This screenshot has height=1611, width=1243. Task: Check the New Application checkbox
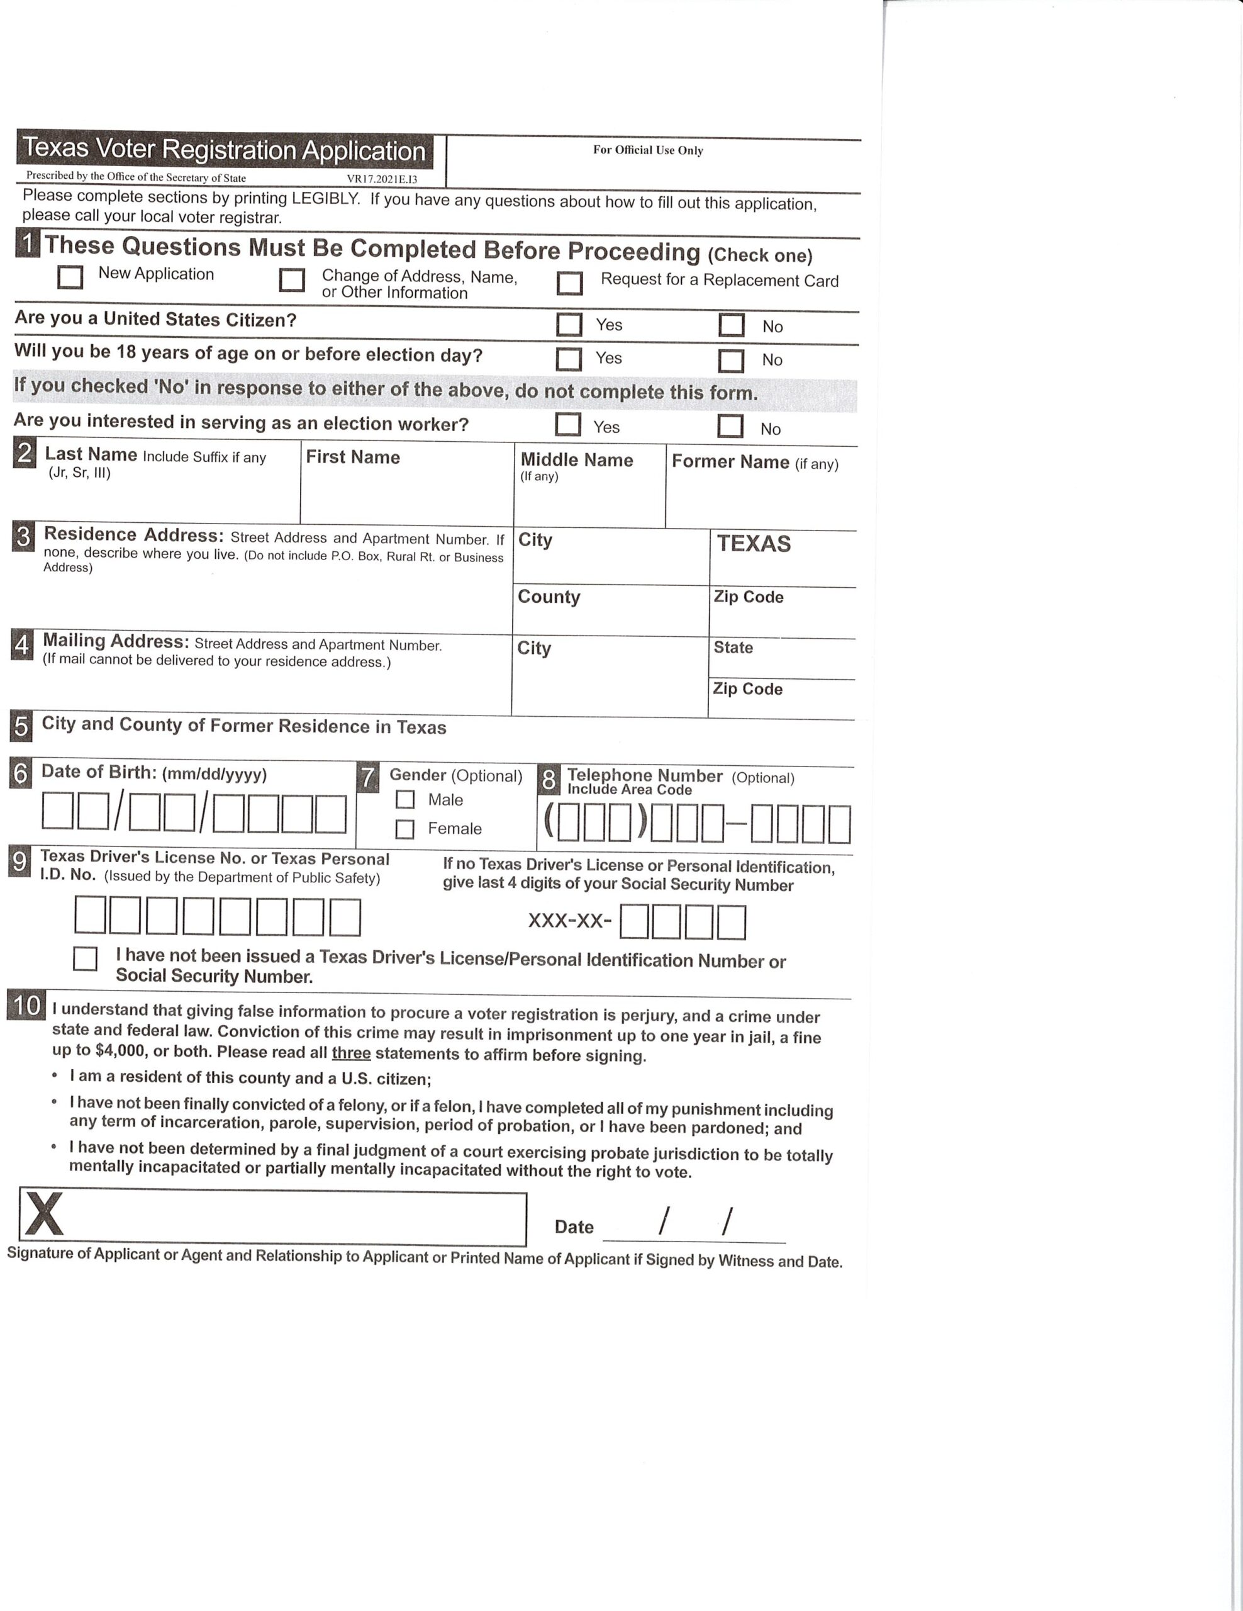point(70,277)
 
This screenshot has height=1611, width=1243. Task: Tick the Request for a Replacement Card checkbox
point(569,283)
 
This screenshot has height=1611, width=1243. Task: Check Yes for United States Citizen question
point(569,325)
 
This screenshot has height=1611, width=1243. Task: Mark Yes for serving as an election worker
point(567,424)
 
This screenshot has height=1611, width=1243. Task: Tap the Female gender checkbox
point(404,829)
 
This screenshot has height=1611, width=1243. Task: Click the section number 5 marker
point(21,727)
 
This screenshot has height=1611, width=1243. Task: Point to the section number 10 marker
point(26,1006)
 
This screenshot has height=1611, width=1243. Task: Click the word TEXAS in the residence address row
point(754,544)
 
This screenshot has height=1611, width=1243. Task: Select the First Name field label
point(352,457)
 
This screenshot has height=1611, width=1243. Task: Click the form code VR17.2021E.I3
point(382,179)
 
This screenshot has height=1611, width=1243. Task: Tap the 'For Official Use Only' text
point(647,150)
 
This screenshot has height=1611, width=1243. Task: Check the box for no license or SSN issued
point(85,959)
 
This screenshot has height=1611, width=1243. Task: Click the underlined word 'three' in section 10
point(351,1053)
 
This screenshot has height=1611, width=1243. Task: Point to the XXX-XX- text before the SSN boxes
point(570,921)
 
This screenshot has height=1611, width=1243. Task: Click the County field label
point(549,597)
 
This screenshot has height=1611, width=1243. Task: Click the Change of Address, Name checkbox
point(292,280)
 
